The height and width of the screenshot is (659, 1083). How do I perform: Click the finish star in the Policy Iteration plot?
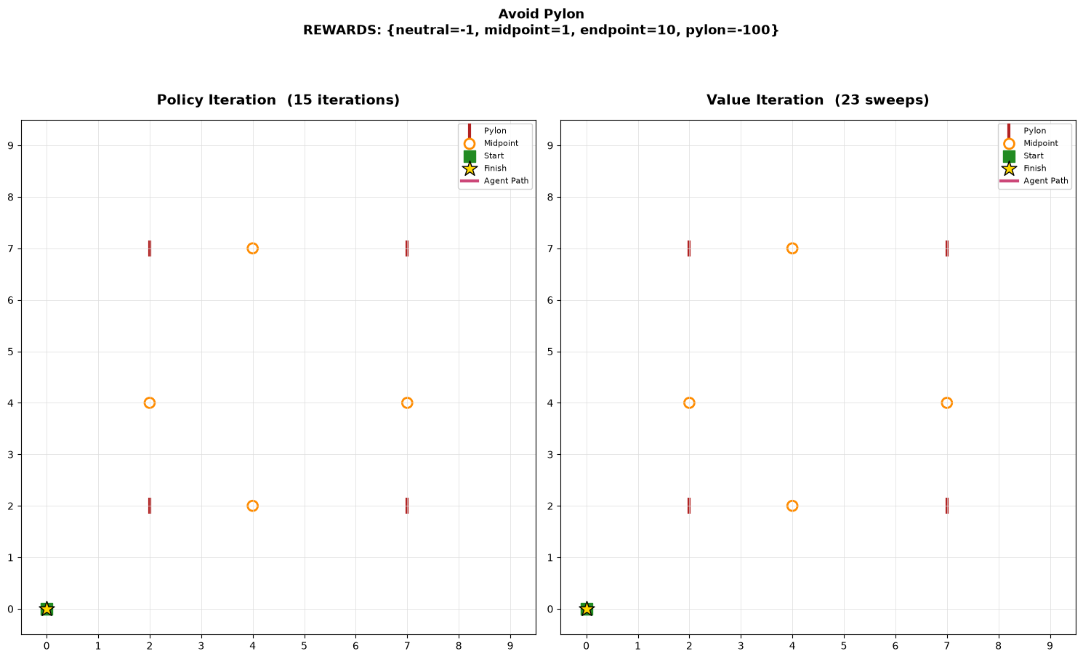tap(47, 610)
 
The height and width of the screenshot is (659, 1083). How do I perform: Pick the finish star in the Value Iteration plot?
tap(587, 610)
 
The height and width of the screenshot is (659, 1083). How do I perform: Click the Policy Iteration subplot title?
tap(278, 100)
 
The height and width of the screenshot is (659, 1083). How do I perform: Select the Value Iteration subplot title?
tap(818, 100)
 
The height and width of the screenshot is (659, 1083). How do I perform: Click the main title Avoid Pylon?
tap(541, 14)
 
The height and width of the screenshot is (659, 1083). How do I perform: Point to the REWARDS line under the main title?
tap(541, 31)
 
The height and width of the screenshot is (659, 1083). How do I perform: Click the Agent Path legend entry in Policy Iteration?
tap(494, 181)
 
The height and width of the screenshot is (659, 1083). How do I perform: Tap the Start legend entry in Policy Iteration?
tap(483, 155)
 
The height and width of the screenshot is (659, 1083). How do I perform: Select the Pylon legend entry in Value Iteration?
tap(1028, 131)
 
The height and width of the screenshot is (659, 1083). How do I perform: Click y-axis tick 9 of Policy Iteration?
tap(11, 146)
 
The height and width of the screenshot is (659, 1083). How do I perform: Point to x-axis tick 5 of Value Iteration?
tap(844, 646)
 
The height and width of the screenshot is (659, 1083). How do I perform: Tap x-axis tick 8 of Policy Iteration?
tap(459, 646)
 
